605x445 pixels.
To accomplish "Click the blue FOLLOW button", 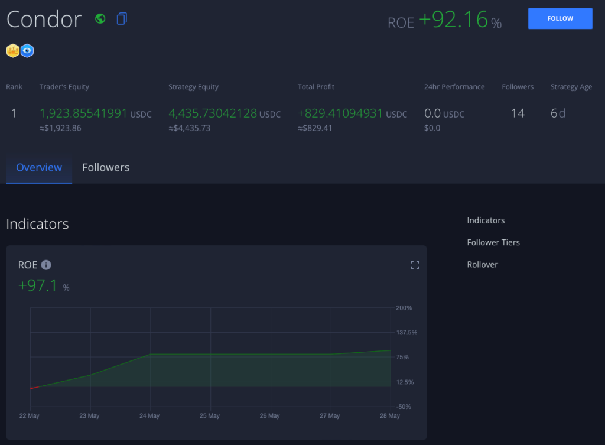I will [560, 18].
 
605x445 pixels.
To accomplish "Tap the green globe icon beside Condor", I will [100, 18].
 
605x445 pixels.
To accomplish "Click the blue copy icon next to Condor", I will [122, 19].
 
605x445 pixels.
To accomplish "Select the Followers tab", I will [106, 168].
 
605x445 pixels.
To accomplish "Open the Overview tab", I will [39, 168].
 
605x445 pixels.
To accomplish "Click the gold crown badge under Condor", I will [13, 51].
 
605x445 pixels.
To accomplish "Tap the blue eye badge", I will [27, 51].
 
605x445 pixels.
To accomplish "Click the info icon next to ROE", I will [46, 265].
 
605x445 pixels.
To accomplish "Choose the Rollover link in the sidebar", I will [482, 264].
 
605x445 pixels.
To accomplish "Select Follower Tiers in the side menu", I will [493, 242].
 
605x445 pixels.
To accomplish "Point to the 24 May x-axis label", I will [149, 416].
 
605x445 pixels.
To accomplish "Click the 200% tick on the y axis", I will [404, 308].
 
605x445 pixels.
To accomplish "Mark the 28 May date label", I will [389, 416].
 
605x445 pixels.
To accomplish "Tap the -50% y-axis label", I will [404, 407].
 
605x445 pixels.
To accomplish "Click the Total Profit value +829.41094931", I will [340, 113].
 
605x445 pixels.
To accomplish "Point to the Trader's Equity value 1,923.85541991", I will [83, 113].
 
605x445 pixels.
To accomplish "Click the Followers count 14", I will [518, 113].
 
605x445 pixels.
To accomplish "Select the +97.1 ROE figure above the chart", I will [38, 286].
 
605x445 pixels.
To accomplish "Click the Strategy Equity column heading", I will [193, 87].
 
